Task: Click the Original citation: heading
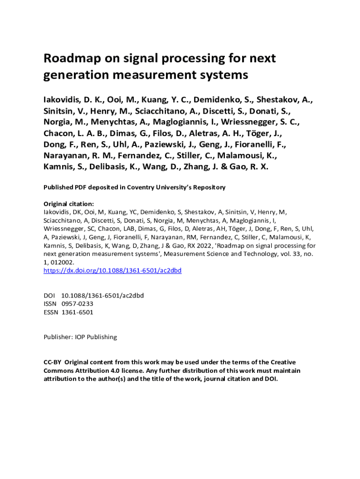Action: click(x=68, y=204)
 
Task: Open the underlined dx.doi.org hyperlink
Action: click(x=112, y=270)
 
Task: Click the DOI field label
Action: click(x=49, y=295)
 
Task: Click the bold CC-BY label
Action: click(x=52, y=362)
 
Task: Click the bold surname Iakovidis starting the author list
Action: click(x=62, y=100)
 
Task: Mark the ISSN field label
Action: click(x=50, y=304)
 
